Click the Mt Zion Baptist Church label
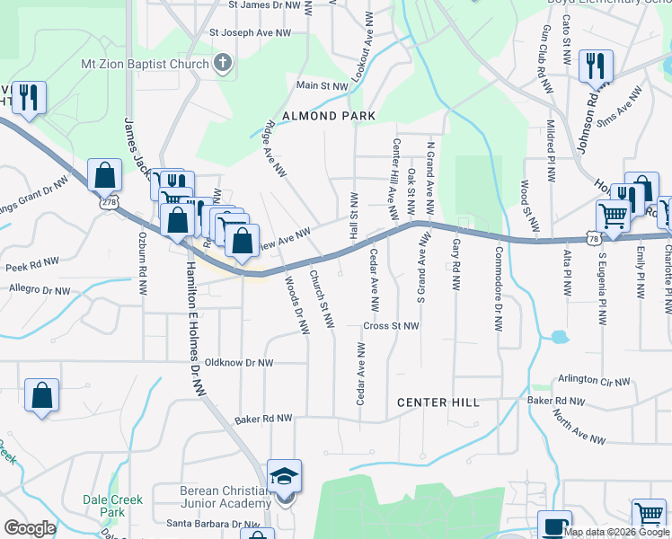(144, 64)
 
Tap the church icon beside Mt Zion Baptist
(223, 63)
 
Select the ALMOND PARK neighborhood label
(329, 116)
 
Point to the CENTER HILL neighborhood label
(438, 402)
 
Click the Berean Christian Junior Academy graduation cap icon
(284, 477)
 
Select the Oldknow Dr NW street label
(239, 363)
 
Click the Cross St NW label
(391, 325)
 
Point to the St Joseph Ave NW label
(251, 32)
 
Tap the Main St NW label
(322, 86)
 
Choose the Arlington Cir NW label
(594, 381)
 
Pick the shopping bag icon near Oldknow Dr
(41, 394)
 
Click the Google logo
(30, 528)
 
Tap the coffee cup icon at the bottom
(554, 525)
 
